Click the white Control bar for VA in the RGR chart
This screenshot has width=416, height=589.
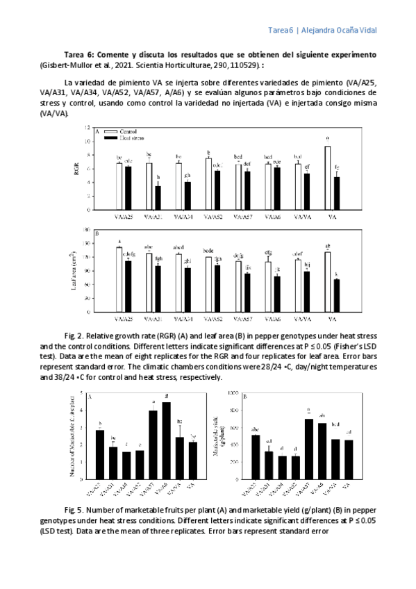[x=326, y=177]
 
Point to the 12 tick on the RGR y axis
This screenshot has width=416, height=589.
[x=88, y=128]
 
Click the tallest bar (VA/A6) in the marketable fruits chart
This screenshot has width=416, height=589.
[x=166, y=440]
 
